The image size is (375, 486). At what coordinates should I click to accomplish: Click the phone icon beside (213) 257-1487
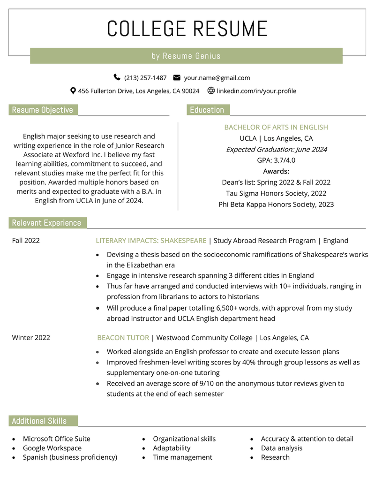(117, 77)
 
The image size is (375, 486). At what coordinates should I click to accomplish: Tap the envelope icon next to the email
(177, 77)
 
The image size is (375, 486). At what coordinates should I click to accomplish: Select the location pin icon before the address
(73, 91)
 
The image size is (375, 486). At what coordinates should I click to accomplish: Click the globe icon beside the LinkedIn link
(211, 91)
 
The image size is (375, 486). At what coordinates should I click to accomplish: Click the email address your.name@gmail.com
(217, 78)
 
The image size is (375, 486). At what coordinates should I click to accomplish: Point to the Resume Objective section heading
(43, 110)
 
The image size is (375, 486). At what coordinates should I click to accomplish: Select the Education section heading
(207, 110)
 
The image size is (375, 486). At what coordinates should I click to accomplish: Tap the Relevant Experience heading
(46, 223)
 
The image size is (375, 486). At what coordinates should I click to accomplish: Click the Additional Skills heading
(39, 421)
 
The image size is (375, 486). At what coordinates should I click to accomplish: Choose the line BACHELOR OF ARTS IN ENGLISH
(276, 127)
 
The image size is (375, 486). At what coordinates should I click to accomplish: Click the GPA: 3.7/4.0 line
(276, 160)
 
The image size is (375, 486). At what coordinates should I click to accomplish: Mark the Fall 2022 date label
(26, 241)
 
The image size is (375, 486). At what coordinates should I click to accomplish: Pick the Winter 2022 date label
(31, 338)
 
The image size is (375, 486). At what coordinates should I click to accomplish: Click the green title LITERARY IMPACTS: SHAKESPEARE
(151, 241)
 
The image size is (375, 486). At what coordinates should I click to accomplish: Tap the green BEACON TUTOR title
(123, 338)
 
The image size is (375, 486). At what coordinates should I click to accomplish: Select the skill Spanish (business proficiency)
(70, 457)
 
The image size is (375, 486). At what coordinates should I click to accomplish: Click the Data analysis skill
(282, 448)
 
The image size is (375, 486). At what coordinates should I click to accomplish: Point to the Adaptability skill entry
(172, 448)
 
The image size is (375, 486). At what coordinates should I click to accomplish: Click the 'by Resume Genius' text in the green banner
(186, 56)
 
